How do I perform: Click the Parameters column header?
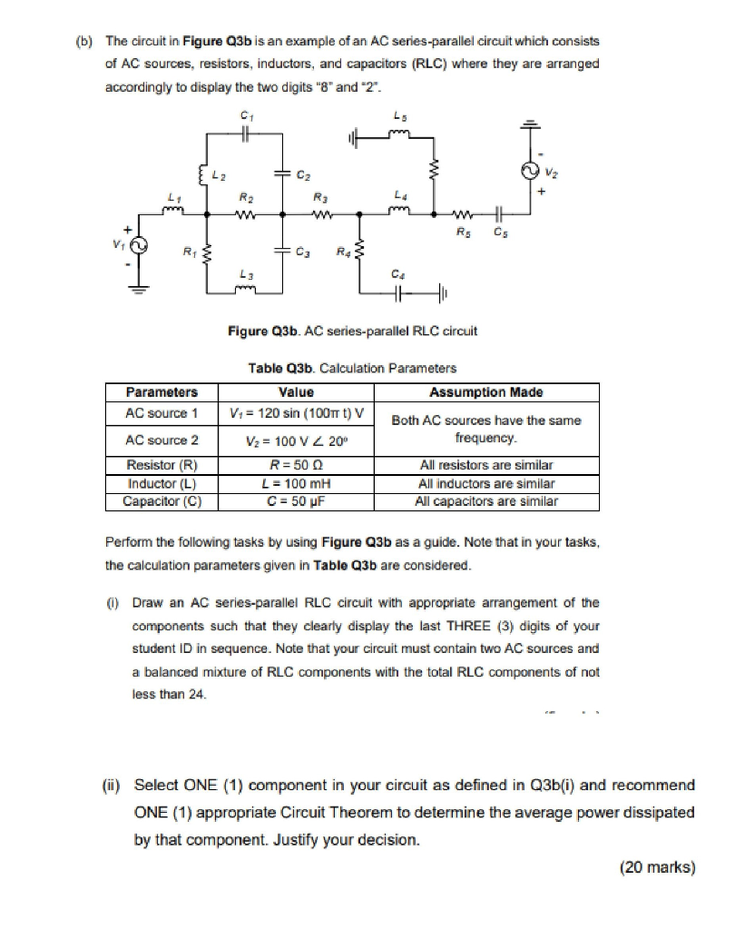point(161,392)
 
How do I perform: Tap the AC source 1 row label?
point(161,413)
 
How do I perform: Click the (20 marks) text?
point(657,867)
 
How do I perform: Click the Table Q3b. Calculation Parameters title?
point(351,368)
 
